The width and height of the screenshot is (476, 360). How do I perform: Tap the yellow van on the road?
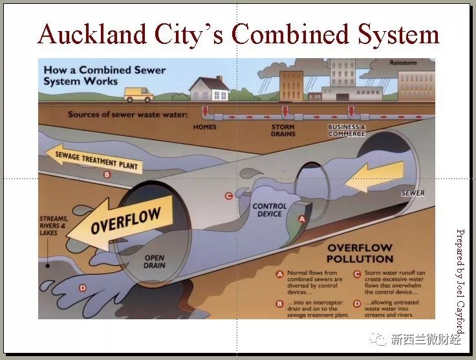pyautogui.click(x=138, y=94)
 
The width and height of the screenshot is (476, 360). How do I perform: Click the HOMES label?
pyautogui.click(x=205, y=127)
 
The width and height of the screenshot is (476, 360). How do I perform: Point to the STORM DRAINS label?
pyautogui.click(x=283, y=130)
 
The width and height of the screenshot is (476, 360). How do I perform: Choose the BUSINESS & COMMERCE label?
pyautogui.click(x=347, y=130)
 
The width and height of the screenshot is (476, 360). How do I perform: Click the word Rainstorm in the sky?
pyautogui.click(x=404, y=63)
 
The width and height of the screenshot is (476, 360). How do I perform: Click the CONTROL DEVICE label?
pyautogui.click(x=270, y=210)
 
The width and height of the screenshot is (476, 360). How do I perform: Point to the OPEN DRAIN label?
pyautogui.click(x=154, y=262)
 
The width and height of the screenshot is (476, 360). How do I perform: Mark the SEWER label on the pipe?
pyautogui.click(x=413, y=193)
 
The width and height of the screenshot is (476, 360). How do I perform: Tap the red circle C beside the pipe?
pyautogui.click(x=228, y=196)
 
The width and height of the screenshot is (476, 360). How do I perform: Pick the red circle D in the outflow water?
pyautogui.click(x=82, y=288)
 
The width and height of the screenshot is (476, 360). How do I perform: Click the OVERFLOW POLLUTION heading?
pyautogui.click(x=360, y=253)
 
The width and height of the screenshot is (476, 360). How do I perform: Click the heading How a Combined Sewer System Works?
pyautogui.click(x=104, y=76)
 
